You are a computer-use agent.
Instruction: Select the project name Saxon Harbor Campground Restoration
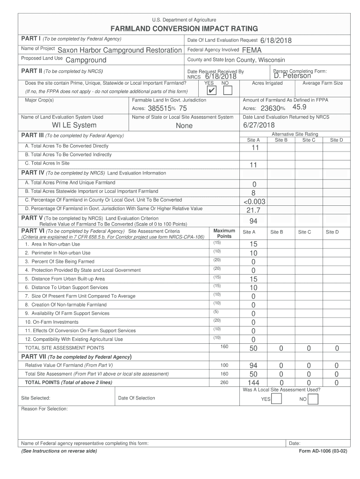pyautogui.click(x=119, y=50)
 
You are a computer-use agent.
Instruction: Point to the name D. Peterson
pyautogui.click(x=292, y=76)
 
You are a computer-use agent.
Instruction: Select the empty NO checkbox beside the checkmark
pyautogui.click(x=227, y=90)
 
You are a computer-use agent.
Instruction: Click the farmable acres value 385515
pyautogui.click(x=158, y=108)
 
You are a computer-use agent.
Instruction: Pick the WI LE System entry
pyautogui.click(x=74, y=125)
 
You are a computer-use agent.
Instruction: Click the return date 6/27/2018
pyautogui.click(x=259, y=125)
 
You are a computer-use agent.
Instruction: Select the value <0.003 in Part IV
pyautogui.click(x=254, y=201)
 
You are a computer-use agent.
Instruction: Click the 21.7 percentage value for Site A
pyautogui.click(x=253, y=210)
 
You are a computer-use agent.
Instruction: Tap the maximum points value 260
pyautogui.click(x=224, y=382)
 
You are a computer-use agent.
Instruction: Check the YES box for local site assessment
pyautogui.click(x=276, y=399)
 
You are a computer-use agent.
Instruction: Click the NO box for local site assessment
pyautogui.click(x=313, y=399)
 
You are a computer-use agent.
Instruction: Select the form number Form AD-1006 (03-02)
pyautogui.click(x=323, y=451)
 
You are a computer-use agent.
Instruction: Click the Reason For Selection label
pyautogui.click(x=44, y=409)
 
